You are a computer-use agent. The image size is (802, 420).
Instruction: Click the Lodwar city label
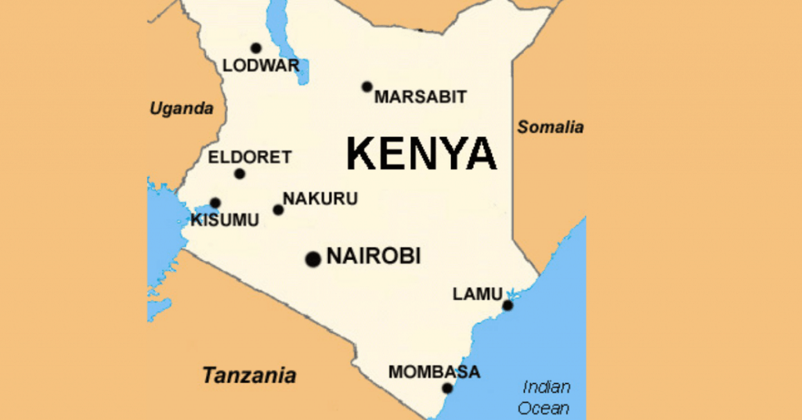tap(261, 66)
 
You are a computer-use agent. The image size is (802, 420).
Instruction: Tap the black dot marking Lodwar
tap(255, 48)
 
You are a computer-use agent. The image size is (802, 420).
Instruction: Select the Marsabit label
tap(420, 97)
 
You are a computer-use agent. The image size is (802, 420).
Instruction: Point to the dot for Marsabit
tap(367, 86)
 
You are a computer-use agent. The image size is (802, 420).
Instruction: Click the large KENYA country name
tap(421, 154)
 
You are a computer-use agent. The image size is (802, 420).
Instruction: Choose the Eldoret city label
tap(249, 157)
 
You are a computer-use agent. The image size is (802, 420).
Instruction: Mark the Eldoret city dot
tap(240, 174)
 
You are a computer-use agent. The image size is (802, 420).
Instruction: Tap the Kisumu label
tap(224, 220)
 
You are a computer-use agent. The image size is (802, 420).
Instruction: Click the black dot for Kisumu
tap(215, 203)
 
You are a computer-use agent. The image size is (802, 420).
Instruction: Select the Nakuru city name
tap(320, 199)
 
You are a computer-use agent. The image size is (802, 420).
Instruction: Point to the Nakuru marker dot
tap(278, 209)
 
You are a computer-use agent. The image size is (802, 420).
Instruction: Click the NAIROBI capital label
tap(373, 255)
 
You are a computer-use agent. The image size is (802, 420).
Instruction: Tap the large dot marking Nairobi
tap(313, 259)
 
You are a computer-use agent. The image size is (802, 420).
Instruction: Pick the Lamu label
tap(477, 294)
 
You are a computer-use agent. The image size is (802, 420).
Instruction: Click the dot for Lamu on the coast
tap(508, 305)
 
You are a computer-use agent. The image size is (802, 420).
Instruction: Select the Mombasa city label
tap(434, 371)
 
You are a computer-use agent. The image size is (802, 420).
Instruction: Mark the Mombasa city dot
tap(447, 388)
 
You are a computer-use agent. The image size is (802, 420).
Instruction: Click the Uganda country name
tap(182, 109)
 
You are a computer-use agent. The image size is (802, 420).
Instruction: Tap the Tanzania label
tap(249, 375)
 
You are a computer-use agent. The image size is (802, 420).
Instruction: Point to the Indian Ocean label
tap(546, 397)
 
